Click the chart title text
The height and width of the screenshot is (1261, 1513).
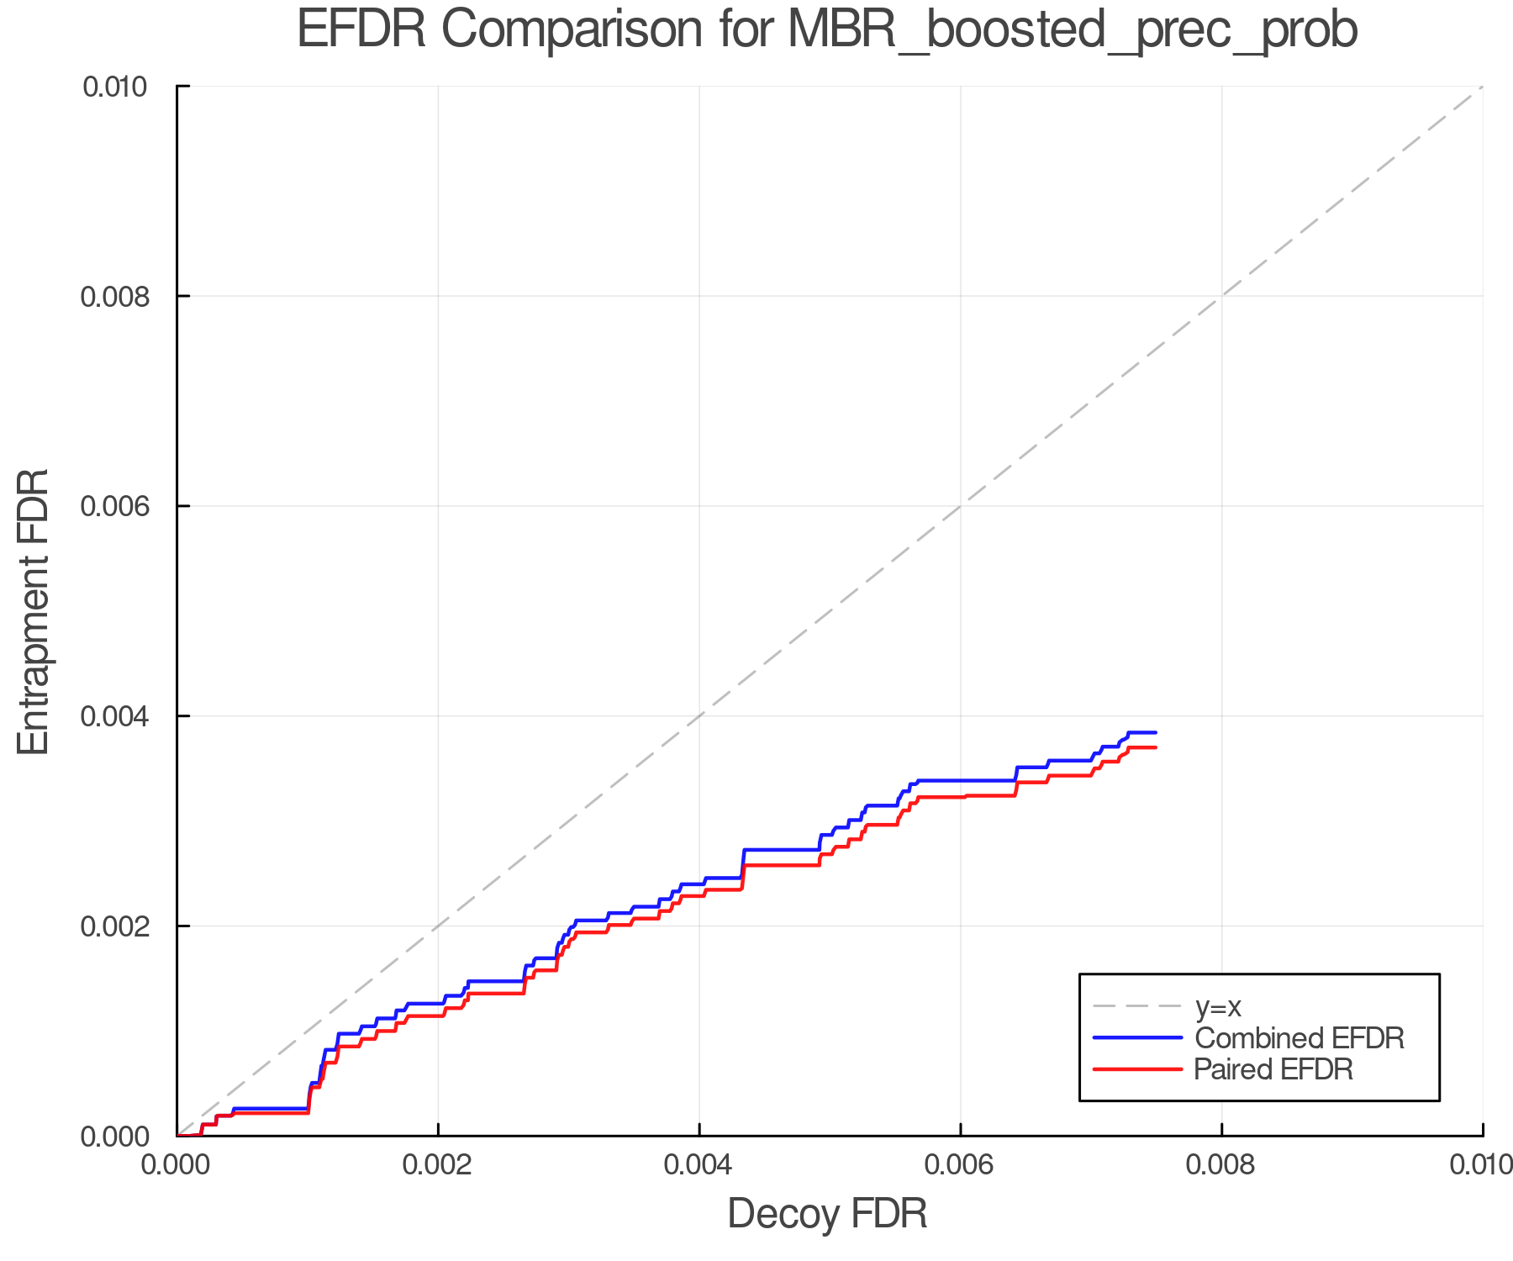click(827, 30)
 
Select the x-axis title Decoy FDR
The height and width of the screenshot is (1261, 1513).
click(827, 1214)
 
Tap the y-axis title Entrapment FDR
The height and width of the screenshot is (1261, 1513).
click(34, 612)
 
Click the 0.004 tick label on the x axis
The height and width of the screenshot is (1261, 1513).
click(699, 1165)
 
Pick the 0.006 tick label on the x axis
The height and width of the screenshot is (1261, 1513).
click(961, 1165)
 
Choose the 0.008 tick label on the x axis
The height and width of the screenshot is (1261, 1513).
click(1221, 1165)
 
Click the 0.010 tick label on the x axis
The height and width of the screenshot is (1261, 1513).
click(1481, 1165)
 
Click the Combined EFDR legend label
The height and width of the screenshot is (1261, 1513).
click(1299, 1038)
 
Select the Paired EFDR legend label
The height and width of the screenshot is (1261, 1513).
click(1273, 1069)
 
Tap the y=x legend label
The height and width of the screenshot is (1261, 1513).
click(1218, 1006)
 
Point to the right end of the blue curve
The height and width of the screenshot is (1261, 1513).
click(1157, 733)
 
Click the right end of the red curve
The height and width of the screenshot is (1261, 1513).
click(1157, 747)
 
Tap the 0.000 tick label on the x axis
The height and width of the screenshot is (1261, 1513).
click(177, 1165)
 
